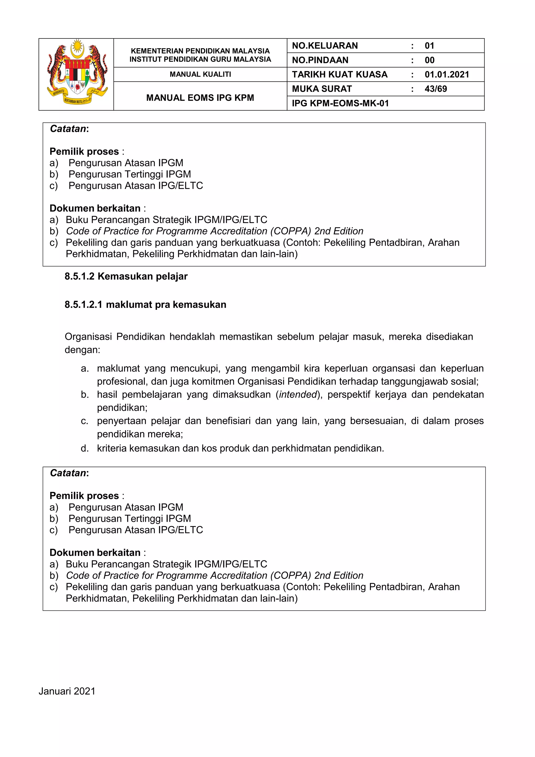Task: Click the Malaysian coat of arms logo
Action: [x=77, y=73]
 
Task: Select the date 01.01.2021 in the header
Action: [x=447, y=74]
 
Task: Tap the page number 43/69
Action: [x=435, y=89]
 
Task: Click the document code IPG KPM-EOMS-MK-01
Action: [x=340, y=104]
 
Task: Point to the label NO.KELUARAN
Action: [x=325, y=46]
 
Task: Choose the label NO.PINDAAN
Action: [x=320, y=60]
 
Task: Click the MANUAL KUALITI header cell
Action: [x=200, y=74]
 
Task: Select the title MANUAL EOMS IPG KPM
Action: [x=200, y=98]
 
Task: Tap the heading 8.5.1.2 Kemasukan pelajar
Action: [x=126, y=276]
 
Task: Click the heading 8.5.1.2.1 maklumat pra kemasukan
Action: [x=145, y=305]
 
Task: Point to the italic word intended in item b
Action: [x=298, y=395]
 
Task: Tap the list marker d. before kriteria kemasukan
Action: [x=85, y=448]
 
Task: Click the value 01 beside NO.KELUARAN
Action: [x=429, y=46]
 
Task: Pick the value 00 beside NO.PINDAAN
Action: [x=429, y=60]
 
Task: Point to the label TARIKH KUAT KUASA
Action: [x=340, y=74]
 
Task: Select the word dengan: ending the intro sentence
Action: [x=82, y=350]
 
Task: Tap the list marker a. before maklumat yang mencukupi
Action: [x=85, y=369]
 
